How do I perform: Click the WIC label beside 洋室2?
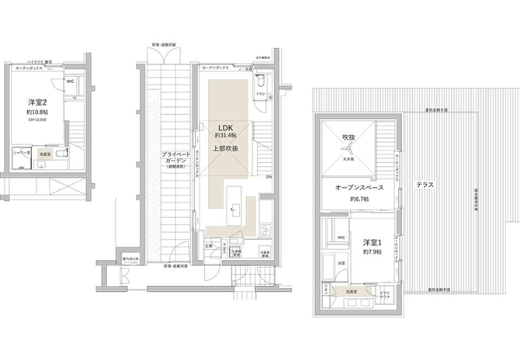click(69, 81)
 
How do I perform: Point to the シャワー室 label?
click(23, 153)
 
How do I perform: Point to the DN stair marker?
click(269, 178)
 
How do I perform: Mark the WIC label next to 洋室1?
click(340, 237)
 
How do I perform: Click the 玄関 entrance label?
click(208, 246)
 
